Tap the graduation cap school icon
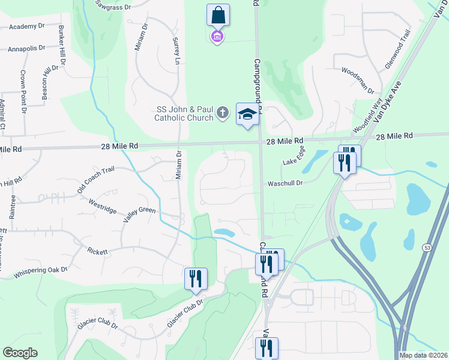[x=247, y=114]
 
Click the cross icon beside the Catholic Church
[x=223, y=113]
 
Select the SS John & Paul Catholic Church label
[x=184, y=113]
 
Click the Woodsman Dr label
[x=358, y=80]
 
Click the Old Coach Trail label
[x=95, y=180]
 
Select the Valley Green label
[x=139, y=214]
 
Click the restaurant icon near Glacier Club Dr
[x=196, y=278]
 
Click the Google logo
[x=20, y=353]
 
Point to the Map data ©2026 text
[x=423, y=355]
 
